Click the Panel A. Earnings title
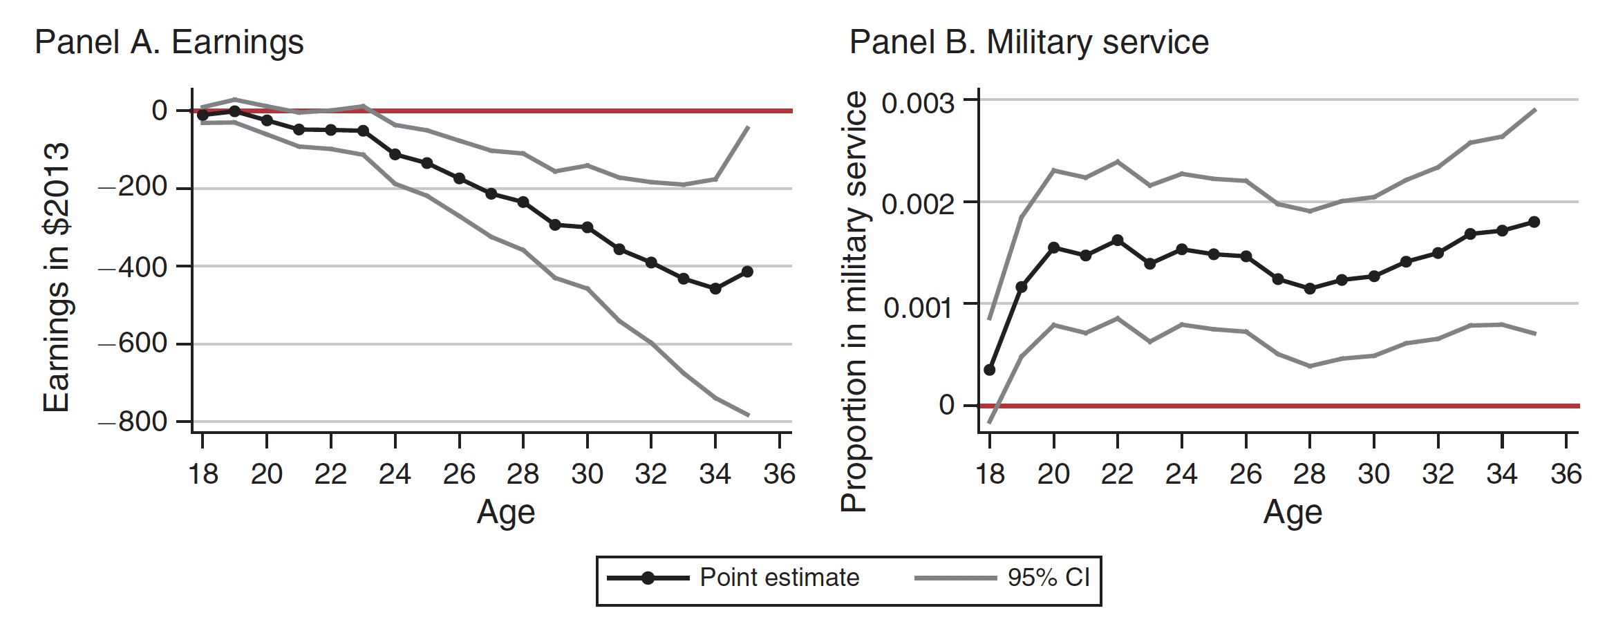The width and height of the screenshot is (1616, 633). [x=169, y=42]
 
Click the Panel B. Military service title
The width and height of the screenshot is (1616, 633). [x=1028, y=42]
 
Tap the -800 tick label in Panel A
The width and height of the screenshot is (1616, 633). [x=133, y=422]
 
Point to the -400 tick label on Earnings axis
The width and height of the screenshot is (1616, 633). [x=133, y=267]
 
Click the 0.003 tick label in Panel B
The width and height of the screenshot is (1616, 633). [x=919, y=104]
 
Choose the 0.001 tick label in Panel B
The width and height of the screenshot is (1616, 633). [x=919, y=308]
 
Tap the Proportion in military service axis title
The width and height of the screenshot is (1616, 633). [x=854, y=301]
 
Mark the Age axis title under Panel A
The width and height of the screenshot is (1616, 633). [x=505, y=513]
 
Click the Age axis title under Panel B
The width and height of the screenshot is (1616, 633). [x=1293, y=513]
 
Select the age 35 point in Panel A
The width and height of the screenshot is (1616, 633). [x=747, y=272]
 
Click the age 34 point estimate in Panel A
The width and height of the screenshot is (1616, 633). [x=715, y=288]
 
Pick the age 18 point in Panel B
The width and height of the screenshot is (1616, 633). [x=990, y=370]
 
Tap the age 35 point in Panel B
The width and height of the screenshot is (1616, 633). [x=1534, y=222]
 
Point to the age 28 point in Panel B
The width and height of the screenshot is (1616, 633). [x=1310, y=288]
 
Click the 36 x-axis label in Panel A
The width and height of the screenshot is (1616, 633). [x=779, y=474]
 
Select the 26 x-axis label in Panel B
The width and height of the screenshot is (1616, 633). [x=1246, y=474]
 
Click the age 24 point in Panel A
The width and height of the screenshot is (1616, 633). [x=395, y=154]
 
